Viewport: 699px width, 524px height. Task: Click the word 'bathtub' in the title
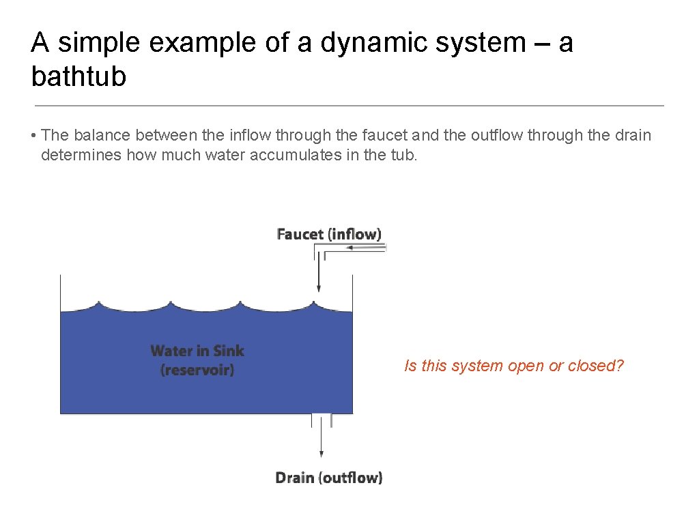(79, 77)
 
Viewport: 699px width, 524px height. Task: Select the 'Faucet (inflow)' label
(329, 234)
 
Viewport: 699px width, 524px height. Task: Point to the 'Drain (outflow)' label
(328, 478)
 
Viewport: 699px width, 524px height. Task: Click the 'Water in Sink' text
(197, 351)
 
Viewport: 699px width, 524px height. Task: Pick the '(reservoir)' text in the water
(197, 370)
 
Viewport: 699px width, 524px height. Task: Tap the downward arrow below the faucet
(319, 276)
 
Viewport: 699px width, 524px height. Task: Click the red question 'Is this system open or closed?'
(514, 366)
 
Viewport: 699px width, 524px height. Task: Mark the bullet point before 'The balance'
(33, 135)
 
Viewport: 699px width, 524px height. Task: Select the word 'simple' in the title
(101, 43)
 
